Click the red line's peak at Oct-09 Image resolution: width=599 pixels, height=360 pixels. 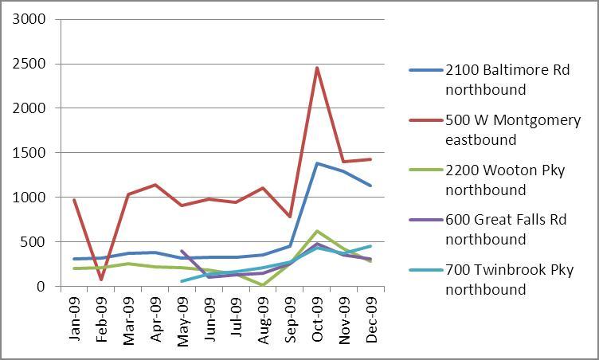click(x=317, y=68)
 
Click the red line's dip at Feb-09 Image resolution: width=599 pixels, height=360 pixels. click(x=101, y=280)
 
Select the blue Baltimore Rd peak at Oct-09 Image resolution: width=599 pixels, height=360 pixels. click(x=317, y=163)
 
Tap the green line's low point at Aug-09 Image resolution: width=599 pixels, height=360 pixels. click(x=263, y=284)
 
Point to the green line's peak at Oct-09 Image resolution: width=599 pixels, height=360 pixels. click(x=317, y=231)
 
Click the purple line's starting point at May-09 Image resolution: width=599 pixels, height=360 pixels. click(x=182, y=251)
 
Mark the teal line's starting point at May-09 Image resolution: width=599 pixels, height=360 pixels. click(x=182, y=281)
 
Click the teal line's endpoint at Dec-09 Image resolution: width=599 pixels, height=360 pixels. click(x=370, y=246)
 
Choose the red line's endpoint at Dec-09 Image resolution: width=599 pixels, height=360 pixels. click(x=370, y=159)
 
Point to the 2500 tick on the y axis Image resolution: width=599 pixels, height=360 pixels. click(x=30, y=64)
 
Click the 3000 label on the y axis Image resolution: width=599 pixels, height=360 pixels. click(x=30, y=19)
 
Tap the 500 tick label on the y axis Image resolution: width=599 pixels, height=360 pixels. click(x=33, y=242)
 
